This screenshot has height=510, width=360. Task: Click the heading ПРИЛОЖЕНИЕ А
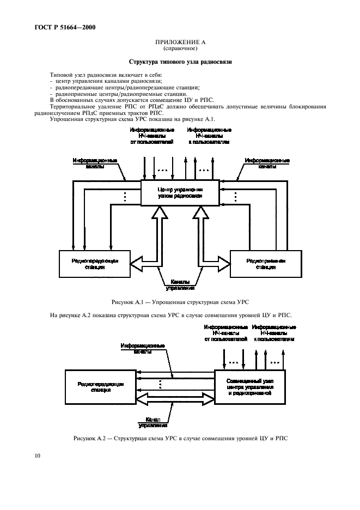click(x=180, y=42)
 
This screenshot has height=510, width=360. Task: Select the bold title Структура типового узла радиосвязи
click(x=180, y=62)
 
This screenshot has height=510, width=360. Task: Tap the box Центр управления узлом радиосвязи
click(x=180, y=192)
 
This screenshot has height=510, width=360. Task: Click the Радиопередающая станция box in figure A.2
click(x=101, y=387)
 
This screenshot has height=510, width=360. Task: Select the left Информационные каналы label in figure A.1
click(x=95, y=163)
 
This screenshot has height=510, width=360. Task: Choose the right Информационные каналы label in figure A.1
click(x=266, y=163)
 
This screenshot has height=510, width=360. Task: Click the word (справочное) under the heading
click(x=180, y=48)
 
